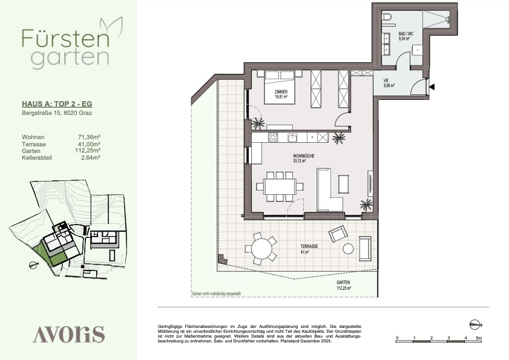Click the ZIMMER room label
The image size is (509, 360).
(281, 92)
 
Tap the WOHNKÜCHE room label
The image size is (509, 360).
(303, 156)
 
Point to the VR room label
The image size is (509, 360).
(386, 80)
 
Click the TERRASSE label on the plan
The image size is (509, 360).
(309, 246)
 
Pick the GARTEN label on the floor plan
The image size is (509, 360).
(343, 283)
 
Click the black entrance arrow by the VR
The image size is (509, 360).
(432, 87)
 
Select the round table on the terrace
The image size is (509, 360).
(262, 248)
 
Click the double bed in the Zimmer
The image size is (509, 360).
(280, 87)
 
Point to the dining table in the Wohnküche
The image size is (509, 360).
(280, 186)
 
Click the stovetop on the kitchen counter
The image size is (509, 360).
(273, 137)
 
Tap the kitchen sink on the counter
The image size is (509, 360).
(292, 137)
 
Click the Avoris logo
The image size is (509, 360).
(68, 334)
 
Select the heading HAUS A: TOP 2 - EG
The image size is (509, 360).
(57, 104)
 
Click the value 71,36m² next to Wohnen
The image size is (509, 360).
(87, 137)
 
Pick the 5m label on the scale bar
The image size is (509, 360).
(479, 338)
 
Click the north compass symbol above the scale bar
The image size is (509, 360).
(476, 324)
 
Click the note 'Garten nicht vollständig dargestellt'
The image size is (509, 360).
(217, 293)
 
